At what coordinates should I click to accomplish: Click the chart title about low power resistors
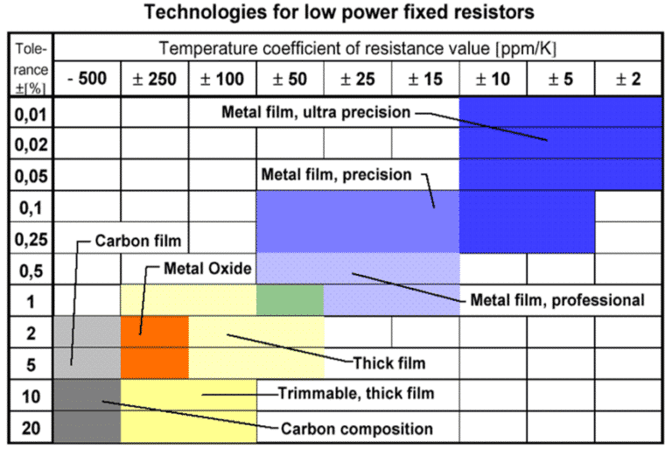tap(337, 13)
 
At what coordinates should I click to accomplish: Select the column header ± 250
tap(154, 80)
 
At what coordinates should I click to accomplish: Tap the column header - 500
tap(87, 80)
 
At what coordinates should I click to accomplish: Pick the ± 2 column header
tap(628, 80)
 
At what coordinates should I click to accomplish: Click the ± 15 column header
tap(425, 80)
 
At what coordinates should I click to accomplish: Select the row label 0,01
tap(31, 113)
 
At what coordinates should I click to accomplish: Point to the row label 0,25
tap(31, 238)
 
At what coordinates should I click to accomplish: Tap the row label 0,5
tap(31, 270)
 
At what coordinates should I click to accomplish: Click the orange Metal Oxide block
tap(154, 333)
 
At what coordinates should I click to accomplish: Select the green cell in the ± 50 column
tap(290, 300)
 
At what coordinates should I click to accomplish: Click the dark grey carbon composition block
tap(87, 410)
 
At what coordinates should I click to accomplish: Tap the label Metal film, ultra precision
tap(314, 113)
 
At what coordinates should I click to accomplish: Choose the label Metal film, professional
tap(557, 300)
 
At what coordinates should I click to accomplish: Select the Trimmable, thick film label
tap(355, 395)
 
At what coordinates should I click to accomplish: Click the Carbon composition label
tap(356, 429)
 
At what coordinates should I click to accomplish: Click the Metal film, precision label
tap(336, 174)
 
